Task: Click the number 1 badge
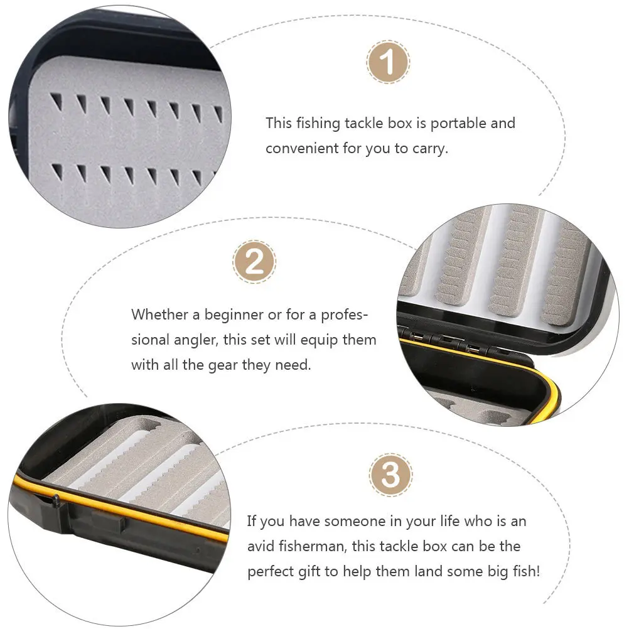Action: (389, 62)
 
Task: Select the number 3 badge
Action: (390, 475)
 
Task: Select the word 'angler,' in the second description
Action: (196, 340)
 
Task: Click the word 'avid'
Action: (261, 547)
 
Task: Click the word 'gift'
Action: (311, 573)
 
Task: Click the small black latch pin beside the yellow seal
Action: (55, 500)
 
